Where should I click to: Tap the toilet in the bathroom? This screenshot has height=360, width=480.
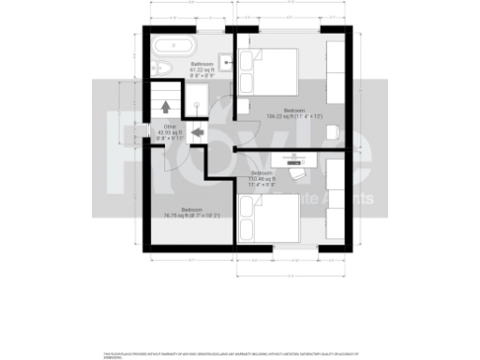click(x=161, y=66)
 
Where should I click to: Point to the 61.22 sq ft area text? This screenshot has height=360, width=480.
click(x=201, y=69)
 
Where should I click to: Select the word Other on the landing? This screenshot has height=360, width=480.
click(x=170, y=126)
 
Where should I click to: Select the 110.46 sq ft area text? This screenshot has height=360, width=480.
click(x=261, y=178)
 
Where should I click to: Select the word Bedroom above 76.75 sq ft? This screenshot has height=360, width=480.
click(x=190, y=209)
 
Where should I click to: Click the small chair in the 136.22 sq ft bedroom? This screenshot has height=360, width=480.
click(x=333, y=132)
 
